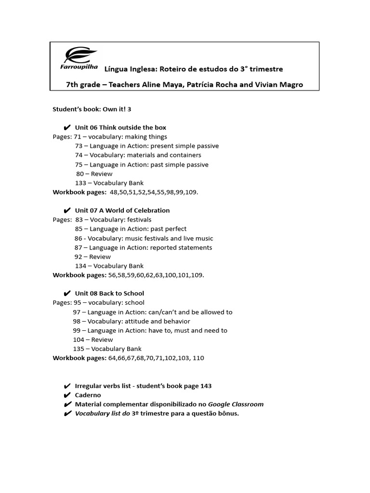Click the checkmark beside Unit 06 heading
pyautogui.click(x=67, y=128)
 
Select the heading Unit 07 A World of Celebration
pyautogui.click(x=122, y=210)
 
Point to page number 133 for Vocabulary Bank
pyautogui.click(x=80, y=183)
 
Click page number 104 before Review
pyautogui.click(x=79, y=339)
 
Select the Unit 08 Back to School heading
pyautogui.click(x=109, y=293)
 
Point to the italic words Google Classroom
pyautogui.click(x=236, y=404)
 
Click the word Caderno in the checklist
pyautogui.click(x=88, y=395)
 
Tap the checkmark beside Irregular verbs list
pyautogui.click(x=67, y=386)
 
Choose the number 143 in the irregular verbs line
pyautogui.click(x=206, y=386)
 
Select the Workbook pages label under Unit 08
pyautogui.click(x=79, y=358)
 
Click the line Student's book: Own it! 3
pyautogui.click(x=92, y=109)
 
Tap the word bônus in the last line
pyautogui.click(x=228, y=414)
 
